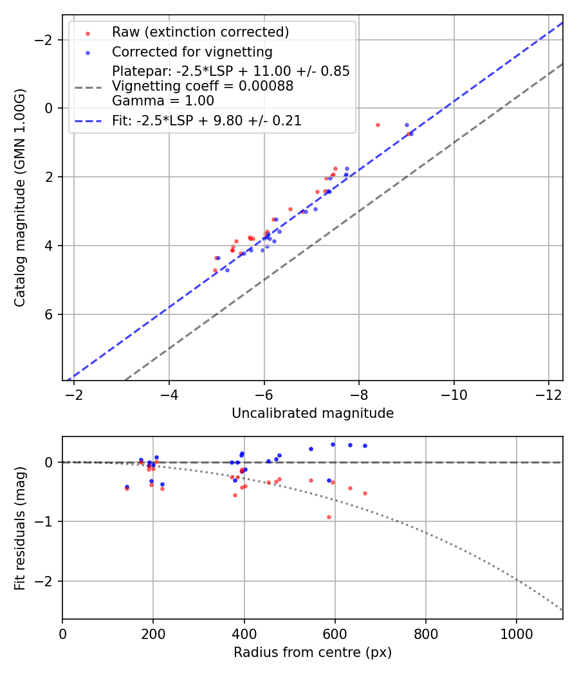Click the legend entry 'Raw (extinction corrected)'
[x=200, y=32]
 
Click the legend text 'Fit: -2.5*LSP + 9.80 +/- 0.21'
[x=207, y=120]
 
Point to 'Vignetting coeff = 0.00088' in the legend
[x=203, y=86]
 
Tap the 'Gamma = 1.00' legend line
[x=163, y=101]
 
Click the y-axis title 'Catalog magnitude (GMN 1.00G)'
[x=21, y=197]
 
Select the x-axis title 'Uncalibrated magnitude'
[x=313, y=413]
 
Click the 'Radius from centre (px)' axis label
[x=313, y=652]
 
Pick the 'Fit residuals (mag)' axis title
[x=21, y=528]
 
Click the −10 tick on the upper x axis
[x=454, y=393]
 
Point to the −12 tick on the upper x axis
[x=549, y=393]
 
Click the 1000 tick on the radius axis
[x=516, y=633]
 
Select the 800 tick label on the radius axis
[x=425, y=633]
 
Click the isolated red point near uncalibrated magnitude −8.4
[x=378, y=125]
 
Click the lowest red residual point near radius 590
[x=329, y=517]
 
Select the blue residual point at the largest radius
[x=365, y=446]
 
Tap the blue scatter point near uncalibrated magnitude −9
[x=407, y=125]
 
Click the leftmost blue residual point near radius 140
[x=127, y=487]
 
